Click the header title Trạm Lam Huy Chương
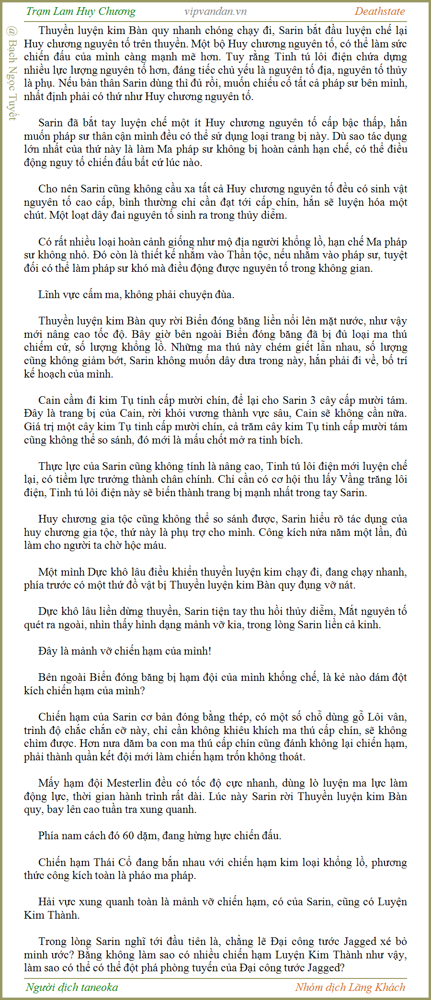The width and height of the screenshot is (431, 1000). coord(81,11)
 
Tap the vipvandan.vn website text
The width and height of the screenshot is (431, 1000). coord(215,11)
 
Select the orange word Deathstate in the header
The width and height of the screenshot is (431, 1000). coord(380,11)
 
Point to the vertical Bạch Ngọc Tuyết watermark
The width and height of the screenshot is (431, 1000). coord(12,74)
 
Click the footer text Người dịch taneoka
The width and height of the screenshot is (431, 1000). coord(72,987)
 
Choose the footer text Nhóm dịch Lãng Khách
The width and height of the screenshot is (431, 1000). coord(350,987)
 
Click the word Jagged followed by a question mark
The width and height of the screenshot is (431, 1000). coord(327,967)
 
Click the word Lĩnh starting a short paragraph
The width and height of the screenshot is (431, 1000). coord(48,294)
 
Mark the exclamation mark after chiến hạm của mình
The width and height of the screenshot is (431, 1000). coord(209,651)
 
